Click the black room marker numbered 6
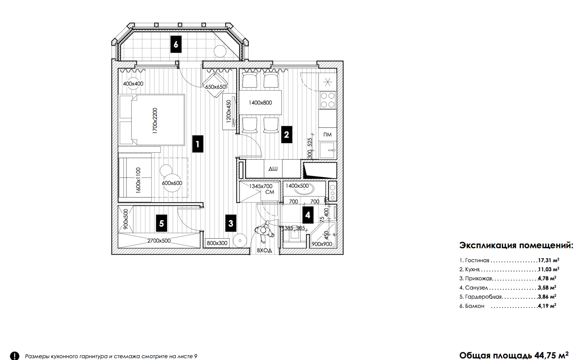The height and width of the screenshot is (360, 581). [x=176, y=44]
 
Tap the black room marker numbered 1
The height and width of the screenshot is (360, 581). [x=198, y=144]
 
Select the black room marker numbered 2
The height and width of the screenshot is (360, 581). [x=287, y=134]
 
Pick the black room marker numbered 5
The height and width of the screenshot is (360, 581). [x=161, y=223]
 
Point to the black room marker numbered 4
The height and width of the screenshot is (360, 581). [x=308, y=215]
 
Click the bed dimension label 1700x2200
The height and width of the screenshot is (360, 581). [x=155, y=121]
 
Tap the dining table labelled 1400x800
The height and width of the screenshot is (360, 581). [x=260, y=102]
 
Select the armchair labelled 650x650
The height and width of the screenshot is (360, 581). [x=215, y=85]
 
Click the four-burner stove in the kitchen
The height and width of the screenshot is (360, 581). [x=328, y=100]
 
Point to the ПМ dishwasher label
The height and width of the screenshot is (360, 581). [x=328, y=134]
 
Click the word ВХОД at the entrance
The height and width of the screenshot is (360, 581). [x=264, y=250]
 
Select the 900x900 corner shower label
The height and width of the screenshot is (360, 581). [x=322, y=244]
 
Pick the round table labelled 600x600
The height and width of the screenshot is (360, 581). [x=172, y=183]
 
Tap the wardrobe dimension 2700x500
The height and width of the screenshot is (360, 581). [x=159, y=240]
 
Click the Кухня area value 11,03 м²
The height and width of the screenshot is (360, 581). [x=549, y=269]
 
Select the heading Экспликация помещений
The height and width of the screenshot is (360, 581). [x=516, y=245]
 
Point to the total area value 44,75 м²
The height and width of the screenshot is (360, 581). [x=552, y=355]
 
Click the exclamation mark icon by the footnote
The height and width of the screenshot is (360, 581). [x=15, y=356]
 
